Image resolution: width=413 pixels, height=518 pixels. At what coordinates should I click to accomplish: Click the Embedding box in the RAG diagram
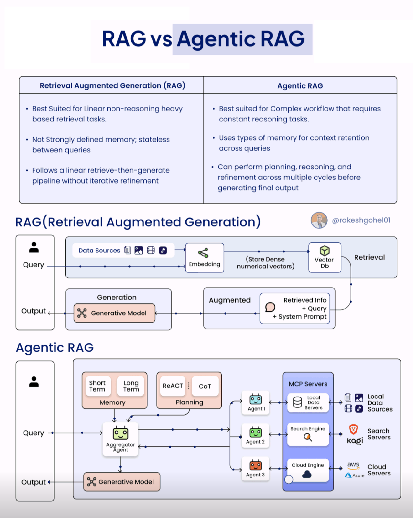click(x=204, y=258)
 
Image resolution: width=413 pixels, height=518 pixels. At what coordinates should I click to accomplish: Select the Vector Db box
click(x=324, y=257)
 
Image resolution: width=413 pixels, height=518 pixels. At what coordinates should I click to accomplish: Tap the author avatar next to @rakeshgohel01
click(x=319, y=220)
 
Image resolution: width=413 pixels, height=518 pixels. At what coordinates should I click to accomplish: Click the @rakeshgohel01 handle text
click(x=361, y=220)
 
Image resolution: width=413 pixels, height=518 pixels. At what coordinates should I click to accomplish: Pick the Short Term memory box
click(x=98, y=386)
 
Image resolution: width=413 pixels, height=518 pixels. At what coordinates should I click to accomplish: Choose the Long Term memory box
click(x=131, y=386)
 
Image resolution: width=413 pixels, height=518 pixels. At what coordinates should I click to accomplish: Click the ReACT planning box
click(x=173, y=386)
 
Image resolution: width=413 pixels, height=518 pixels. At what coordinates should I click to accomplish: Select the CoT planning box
click(x=205, y=386)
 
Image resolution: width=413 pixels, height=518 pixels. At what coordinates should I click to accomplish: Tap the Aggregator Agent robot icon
click(x=120, y=433)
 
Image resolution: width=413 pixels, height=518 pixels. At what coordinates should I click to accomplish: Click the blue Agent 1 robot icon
click(x=256, y=400)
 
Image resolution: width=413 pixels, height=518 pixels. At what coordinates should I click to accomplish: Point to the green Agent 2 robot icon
click(x=256, y=432)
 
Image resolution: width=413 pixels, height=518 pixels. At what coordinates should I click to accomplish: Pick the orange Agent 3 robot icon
click(x=256, y=465)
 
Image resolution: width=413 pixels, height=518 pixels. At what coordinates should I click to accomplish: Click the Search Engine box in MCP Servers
click(x=308, y=434)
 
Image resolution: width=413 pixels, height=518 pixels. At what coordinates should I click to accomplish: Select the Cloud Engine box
click(x=308, y=470)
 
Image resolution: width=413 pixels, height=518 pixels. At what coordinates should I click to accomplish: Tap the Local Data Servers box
click(x=308, y=403)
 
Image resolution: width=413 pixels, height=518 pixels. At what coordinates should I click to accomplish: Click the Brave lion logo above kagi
click(x=353, y=430)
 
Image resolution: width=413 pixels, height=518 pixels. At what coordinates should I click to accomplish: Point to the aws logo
click(x=353, y=465)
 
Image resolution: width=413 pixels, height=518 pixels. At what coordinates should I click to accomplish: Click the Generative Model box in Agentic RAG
click(x=122, y=482)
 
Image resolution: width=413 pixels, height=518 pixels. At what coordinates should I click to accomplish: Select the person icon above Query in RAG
click(x=34, y=248)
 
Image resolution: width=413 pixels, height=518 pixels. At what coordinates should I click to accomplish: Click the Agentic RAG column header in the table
click(x=300, y=86)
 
